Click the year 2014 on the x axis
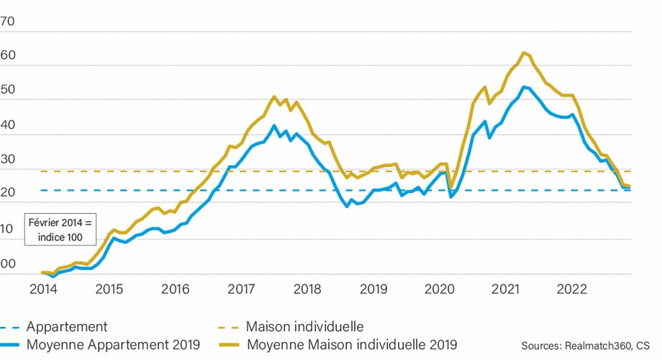click(x=42, y=290)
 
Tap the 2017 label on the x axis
click(x=241, y=290)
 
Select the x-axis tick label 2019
click(x=374, y=290)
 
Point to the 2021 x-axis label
click(x=507, y=290)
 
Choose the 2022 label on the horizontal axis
click(x=573, y=290)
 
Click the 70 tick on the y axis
click(x=8, y=22)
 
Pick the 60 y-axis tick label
click(x=8, y=56)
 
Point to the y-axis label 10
click(x=8, y=229)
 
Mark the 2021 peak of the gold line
click(x=523, y=52)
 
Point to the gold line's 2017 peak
click(x=274, y=96)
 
